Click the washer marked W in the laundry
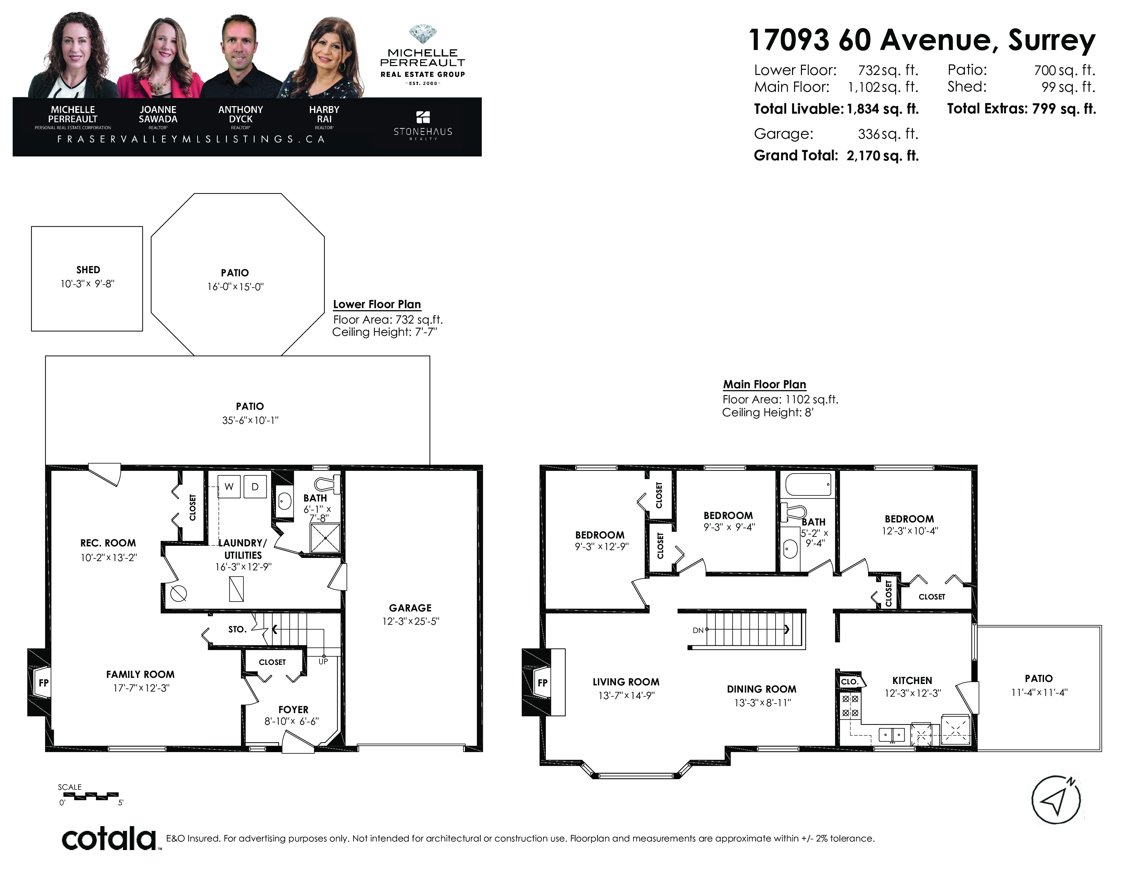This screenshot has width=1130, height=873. [229, 486]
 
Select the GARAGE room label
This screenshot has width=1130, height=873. [410, 608]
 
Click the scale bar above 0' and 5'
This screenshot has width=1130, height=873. [88, 795]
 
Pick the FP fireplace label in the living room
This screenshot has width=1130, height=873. [542, 683]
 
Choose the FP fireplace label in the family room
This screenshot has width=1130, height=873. [43, 683]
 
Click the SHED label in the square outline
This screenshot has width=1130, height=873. [88, 269]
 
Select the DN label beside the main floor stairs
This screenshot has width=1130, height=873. [698, 630]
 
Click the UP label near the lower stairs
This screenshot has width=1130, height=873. [323, 661]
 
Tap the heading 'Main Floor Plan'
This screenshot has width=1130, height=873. [764, 384]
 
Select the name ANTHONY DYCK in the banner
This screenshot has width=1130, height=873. [241, 114]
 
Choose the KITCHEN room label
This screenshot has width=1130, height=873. [912, 681]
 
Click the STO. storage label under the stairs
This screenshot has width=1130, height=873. [237, 629]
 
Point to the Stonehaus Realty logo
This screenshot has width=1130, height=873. [423, 125]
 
